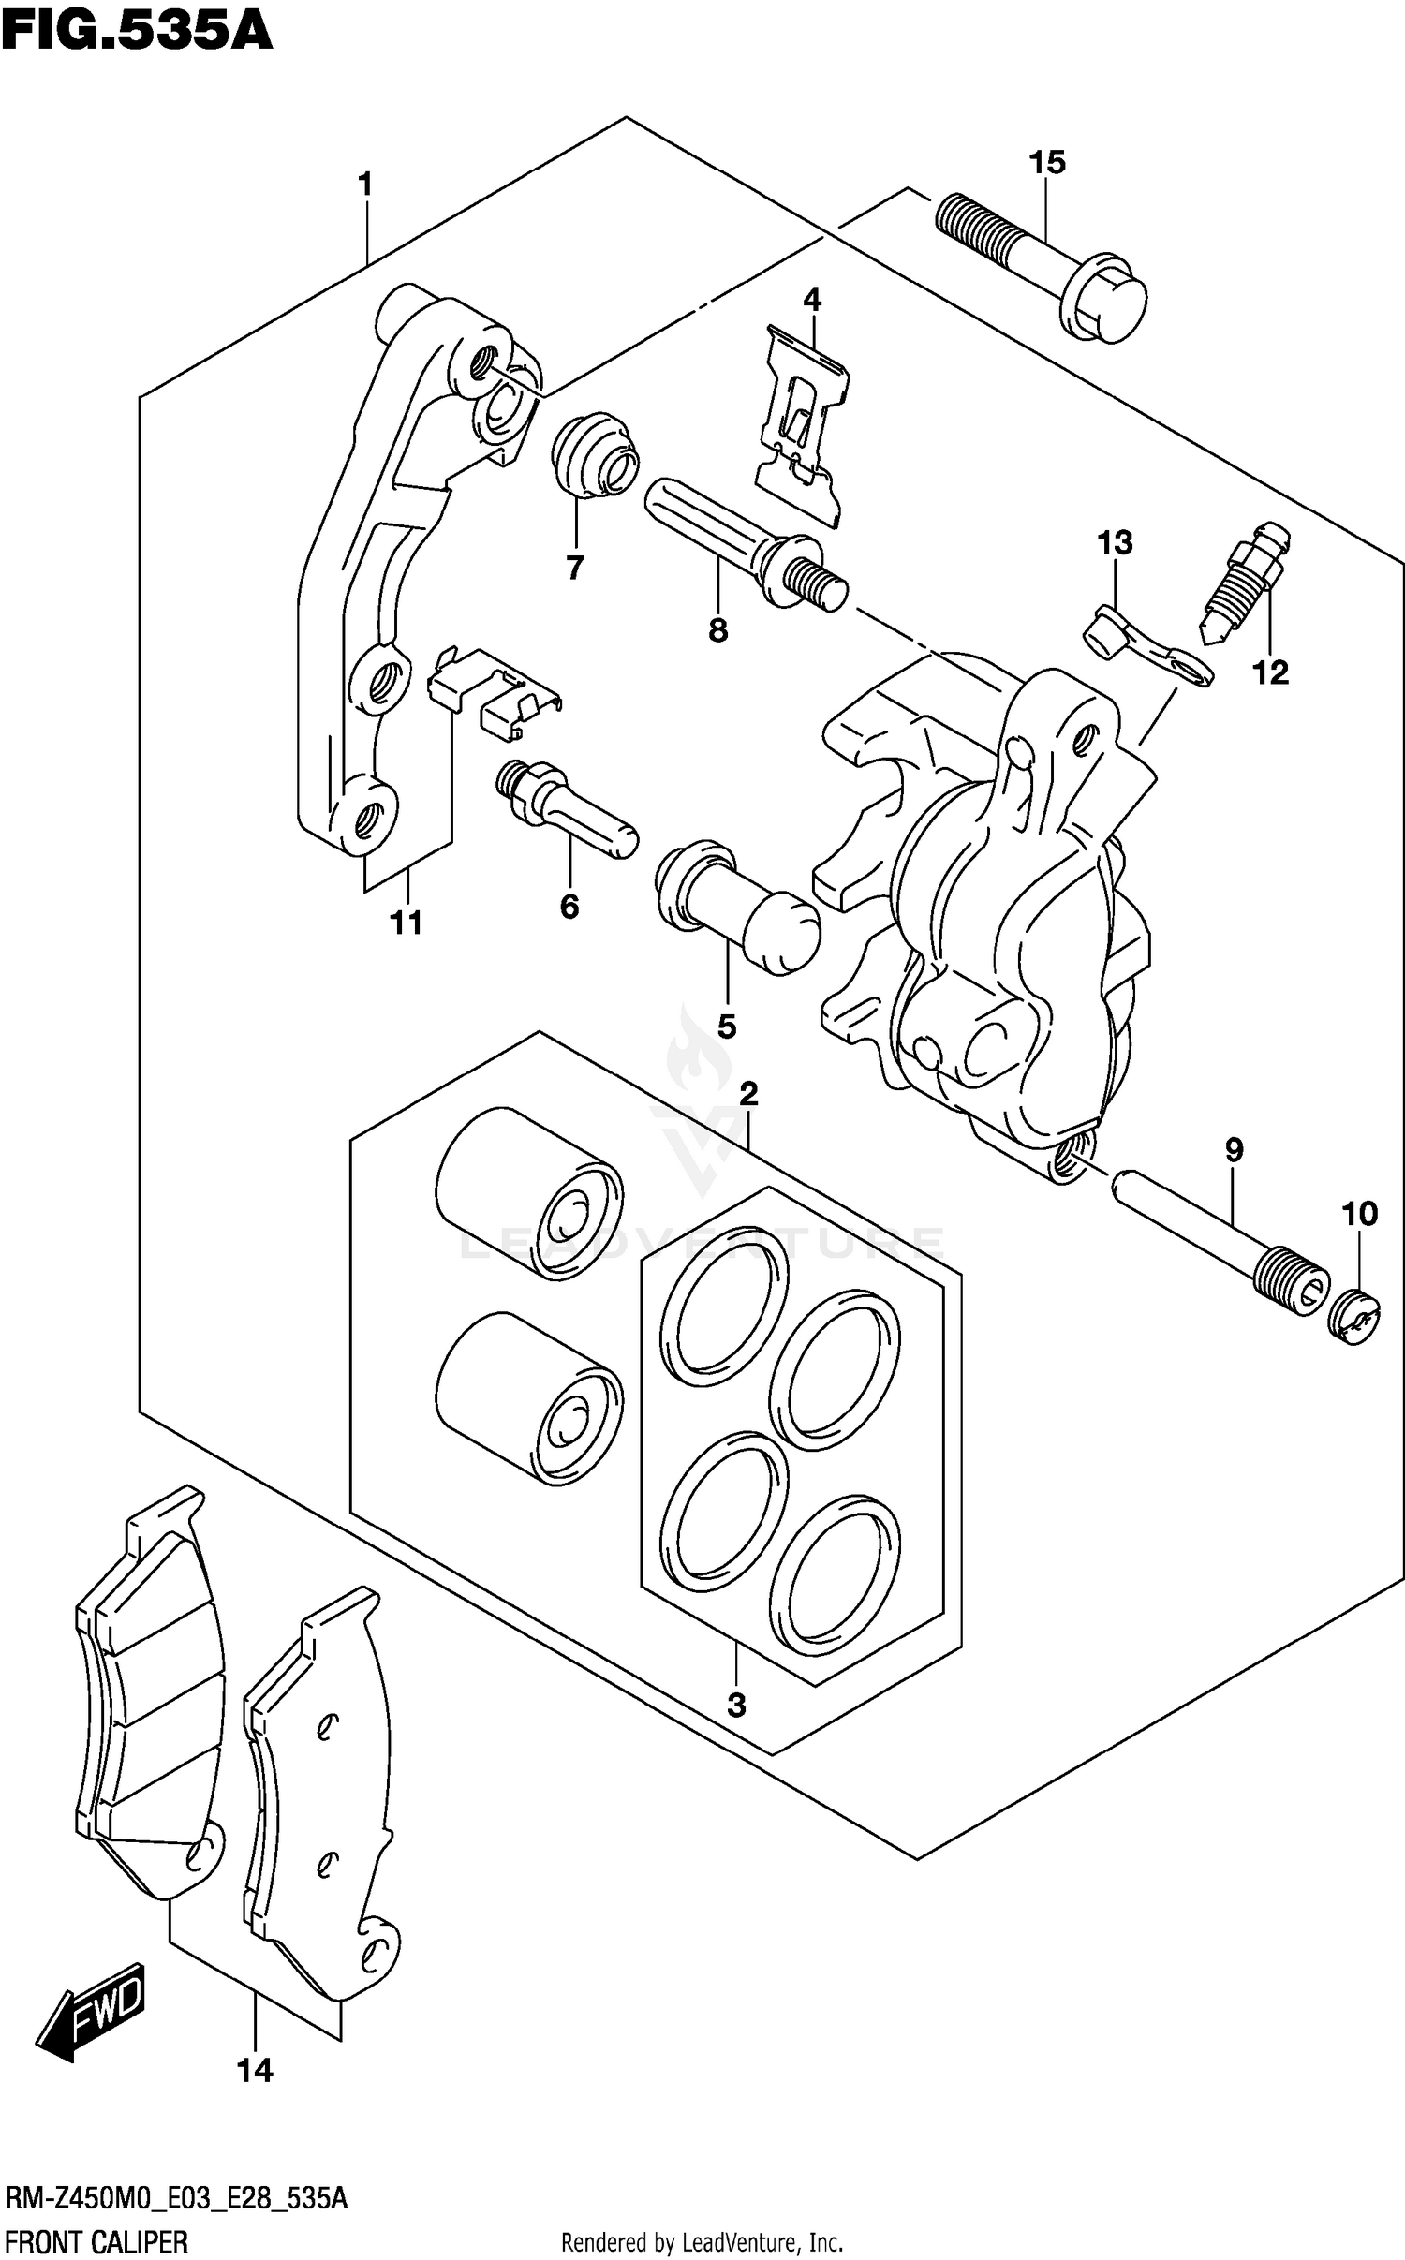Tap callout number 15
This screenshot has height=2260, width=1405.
(x=1047, y=163)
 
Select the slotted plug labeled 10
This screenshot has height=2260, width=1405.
(x=1353, y=1316)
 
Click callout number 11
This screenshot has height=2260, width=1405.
(x=406, y=923)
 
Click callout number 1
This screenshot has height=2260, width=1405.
(x=365, y=185)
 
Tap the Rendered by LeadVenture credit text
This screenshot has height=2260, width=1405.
(x=702, y=2242)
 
